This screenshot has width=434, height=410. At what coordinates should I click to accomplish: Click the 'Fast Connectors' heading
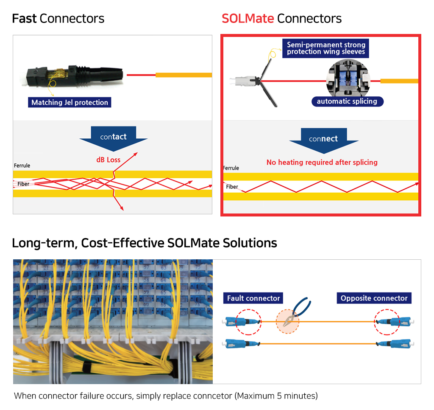point(58,19)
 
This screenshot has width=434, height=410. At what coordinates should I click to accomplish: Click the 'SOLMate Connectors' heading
point(281,19)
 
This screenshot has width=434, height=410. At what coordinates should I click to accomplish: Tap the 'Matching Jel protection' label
point(70,102)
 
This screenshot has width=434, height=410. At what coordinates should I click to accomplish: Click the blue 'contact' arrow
point(113,139)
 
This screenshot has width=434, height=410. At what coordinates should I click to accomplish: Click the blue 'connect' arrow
point(323,141)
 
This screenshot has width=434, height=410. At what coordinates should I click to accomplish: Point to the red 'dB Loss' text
point(108,160)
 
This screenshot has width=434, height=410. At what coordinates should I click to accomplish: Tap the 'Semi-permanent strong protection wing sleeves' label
point(325,48)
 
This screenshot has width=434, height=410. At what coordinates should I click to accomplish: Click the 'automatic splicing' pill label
point(347,101)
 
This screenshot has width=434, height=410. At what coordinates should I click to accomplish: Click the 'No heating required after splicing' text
point(322,162)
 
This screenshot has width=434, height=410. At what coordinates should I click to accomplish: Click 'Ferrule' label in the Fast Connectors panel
point(22,166)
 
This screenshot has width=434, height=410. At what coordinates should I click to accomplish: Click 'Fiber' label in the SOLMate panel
point(232,187)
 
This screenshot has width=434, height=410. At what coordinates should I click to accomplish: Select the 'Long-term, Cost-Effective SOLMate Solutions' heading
point(145,243)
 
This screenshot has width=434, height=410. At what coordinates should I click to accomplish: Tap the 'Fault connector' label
point(253,298)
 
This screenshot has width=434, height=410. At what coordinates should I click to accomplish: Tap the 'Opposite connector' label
point(374,298)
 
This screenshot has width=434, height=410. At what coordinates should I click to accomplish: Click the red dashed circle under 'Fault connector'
point(248,322)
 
